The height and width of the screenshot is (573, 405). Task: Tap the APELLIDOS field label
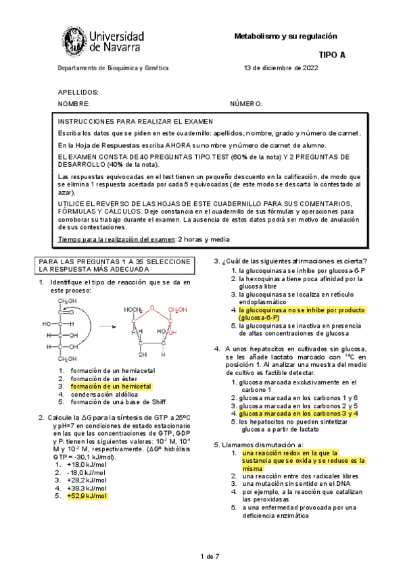tap(78, 92)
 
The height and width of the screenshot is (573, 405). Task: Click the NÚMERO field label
tap(246, 103)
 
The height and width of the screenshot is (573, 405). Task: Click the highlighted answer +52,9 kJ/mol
tap(87, 496)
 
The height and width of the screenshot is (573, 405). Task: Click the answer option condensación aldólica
tap(104, 394)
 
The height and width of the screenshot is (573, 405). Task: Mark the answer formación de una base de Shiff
tap(113, 402)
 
